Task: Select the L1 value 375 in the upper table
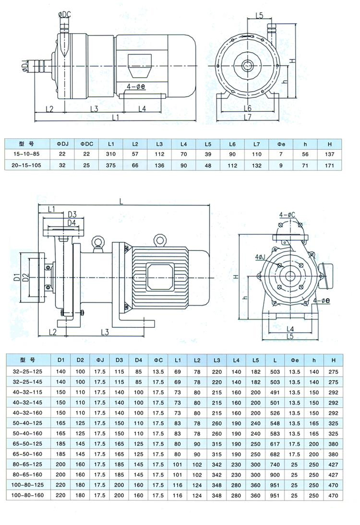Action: point(111,165)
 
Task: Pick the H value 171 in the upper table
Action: point(330,165)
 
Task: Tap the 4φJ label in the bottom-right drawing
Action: point(261,257)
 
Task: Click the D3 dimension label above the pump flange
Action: point(72,214)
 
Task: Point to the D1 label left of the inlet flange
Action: point(16,277)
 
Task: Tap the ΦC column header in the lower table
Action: point(158,360)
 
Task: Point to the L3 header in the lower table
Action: point(216,360)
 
